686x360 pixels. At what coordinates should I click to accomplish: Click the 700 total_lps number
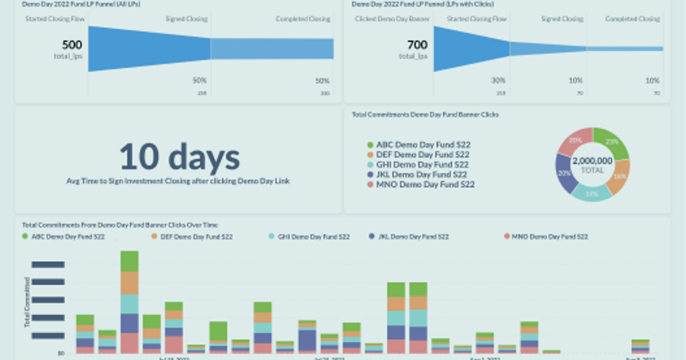point(417,45)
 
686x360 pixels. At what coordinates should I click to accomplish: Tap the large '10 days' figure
point(179,157)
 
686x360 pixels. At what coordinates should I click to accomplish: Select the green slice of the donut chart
point(612,143)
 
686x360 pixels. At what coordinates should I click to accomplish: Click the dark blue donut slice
point(566,173)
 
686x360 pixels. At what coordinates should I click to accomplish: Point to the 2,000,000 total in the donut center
point(592,161)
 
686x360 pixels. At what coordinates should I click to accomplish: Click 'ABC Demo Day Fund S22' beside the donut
point(423,145)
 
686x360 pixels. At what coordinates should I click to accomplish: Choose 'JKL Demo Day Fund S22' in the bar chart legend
point(413,237)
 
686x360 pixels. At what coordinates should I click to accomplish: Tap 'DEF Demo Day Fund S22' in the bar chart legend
point(196,237)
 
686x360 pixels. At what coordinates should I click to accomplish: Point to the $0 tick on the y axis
point(60,354)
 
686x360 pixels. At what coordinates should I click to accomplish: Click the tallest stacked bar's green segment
point(129,261)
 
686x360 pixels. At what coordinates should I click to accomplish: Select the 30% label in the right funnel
point(498,81)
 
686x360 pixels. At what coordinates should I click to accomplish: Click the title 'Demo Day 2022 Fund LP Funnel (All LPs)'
point(81,5)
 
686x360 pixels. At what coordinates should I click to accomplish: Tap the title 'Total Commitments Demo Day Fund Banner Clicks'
point(425,115)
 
